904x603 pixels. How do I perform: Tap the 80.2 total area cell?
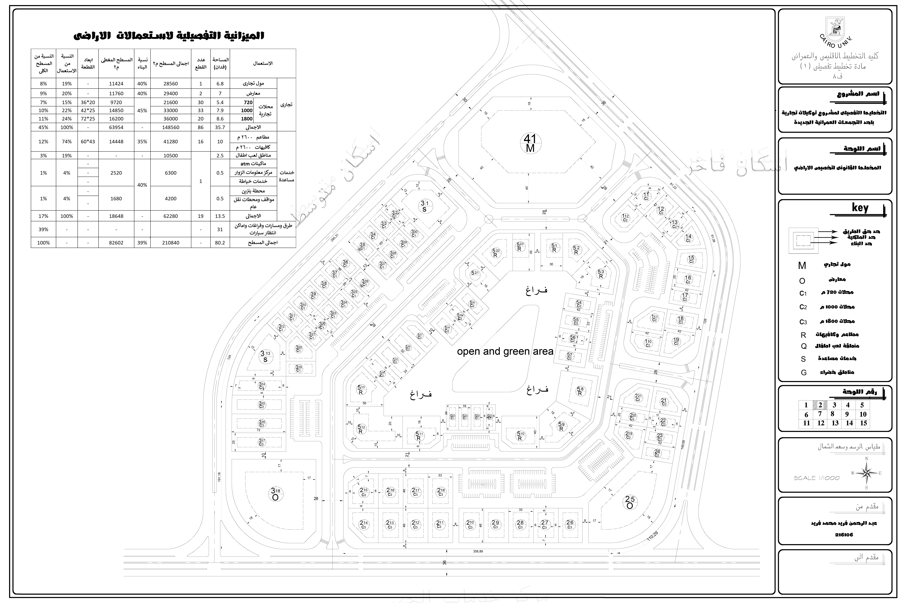(x=220, y=243)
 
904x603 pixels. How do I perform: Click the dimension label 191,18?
(x=219, y=477)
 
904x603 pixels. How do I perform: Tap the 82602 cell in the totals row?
(x=116, y=243)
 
